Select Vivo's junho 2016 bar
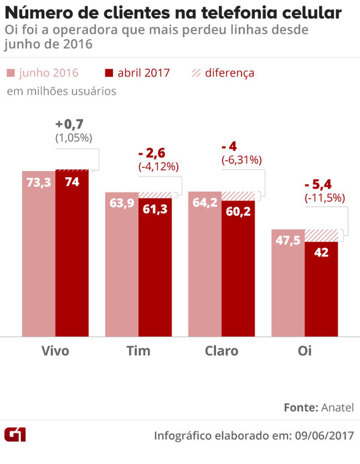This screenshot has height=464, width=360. coord(39,256)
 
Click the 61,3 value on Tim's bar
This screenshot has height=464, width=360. coord(155,209)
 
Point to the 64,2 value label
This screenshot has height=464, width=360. coord(205,202)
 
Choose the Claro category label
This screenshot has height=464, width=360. coord(221,351)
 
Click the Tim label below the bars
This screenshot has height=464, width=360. coord(138,351)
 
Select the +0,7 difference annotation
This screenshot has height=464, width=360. coord(69,124)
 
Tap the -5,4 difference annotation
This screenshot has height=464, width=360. coord(318,185)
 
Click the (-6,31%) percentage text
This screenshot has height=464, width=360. coord(241,160)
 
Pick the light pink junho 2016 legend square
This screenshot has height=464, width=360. coord(11,73)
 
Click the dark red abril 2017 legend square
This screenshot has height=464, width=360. coord(109,73)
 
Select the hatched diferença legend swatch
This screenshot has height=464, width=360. coord(196,73)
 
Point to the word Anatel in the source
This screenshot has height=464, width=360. coord(337,407)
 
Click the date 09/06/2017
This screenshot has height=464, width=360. coord(325,435)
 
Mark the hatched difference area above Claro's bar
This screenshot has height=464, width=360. coord(238,196)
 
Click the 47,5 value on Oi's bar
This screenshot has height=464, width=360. coord(288,240)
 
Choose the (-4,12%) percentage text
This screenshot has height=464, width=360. coord(158,167)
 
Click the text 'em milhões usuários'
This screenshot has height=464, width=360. coord(61,91)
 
